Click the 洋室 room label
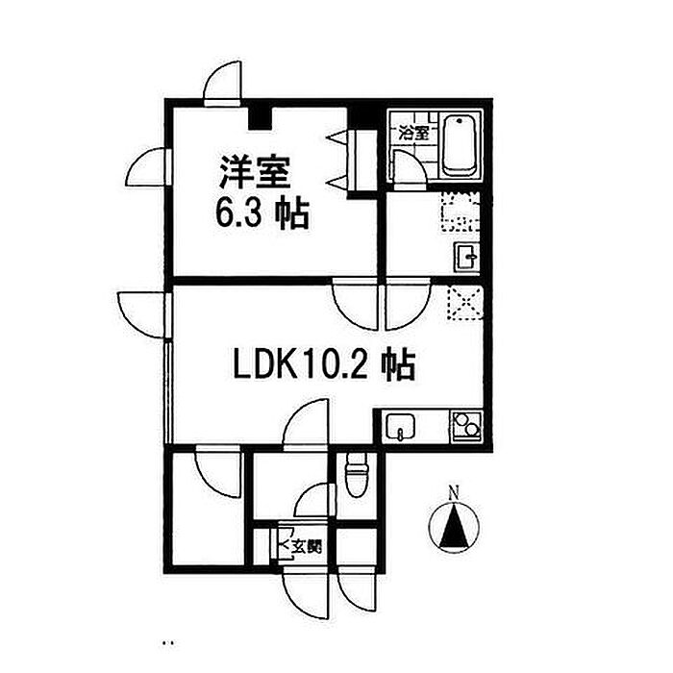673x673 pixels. point(253,176)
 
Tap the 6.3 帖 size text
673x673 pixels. point(262,213)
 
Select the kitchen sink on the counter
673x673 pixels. point(399,426)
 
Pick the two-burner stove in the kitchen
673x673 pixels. point(468,424)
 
